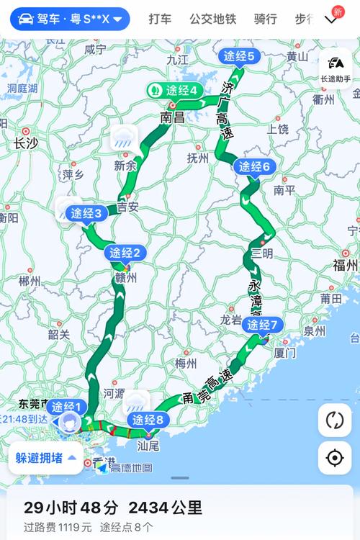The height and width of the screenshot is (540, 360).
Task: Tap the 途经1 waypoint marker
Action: (68, 406)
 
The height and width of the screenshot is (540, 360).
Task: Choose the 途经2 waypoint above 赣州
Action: (126, 253)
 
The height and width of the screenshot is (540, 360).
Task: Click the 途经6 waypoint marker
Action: (254, 167)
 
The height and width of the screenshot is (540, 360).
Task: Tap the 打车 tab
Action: (160, 18)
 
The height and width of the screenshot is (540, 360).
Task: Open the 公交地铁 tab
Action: (212, 18)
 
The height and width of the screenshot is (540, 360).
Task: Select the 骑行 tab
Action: (266, 18)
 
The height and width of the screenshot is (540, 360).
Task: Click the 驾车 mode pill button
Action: (70, 18)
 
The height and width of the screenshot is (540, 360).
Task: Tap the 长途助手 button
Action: (335, 69)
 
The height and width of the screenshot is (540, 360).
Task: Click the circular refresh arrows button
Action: (335, 420)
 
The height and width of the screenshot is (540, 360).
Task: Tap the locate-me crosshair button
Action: (335, 458)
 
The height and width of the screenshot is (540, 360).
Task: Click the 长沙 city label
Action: (26, 144)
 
